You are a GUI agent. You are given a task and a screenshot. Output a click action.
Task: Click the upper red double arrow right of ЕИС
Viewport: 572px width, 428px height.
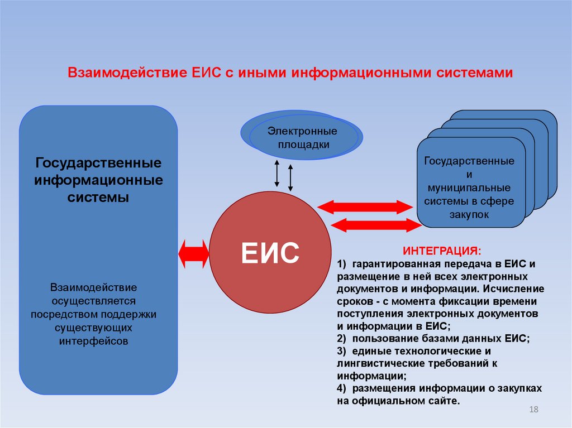tap(365, 207)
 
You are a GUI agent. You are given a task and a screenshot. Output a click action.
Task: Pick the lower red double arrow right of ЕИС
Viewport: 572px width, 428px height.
tap(375, 225)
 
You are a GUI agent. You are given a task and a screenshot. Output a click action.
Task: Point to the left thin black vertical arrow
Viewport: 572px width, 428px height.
tap(277, 173)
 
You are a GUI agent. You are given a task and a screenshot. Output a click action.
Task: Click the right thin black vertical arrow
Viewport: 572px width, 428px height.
tap(290, 176)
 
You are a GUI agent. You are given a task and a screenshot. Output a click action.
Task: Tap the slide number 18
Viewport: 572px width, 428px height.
tap(533, 411)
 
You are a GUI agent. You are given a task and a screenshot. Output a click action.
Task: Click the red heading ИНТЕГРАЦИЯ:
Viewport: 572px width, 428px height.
tap(441, 250)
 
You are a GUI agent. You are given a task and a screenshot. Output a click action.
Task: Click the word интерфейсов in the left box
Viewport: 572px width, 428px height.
tap(93, 340)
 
